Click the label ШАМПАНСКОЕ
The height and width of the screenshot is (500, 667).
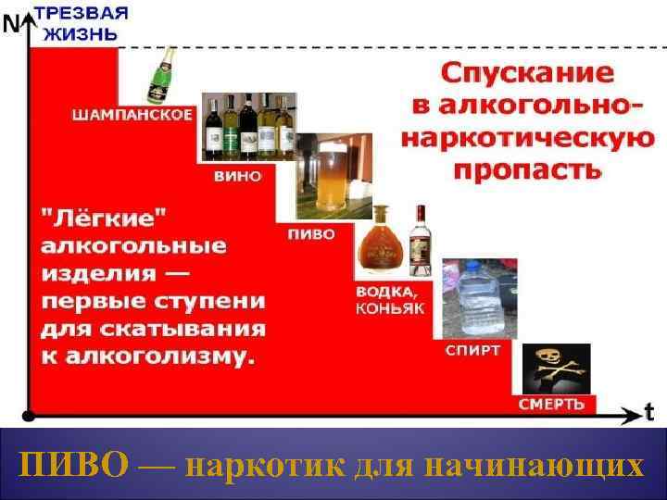tap(133, 115)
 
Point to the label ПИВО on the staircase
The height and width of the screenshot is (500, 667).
tap(311, 234)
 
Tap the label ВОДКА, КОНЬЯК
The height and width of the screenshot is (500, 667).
tap(390, 300)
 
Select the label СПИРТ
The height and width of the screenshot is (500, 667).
tap(472, 351)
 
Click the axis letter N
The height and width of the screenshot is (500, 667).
tap(12, 25)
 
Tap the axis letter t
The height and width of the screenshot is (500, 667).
tap(649, 409)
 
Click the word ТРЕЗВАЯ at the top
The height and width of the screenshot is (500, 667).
tap(81, 15)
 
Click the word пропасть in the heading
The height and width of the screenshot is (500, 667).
tap(529, 169)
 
